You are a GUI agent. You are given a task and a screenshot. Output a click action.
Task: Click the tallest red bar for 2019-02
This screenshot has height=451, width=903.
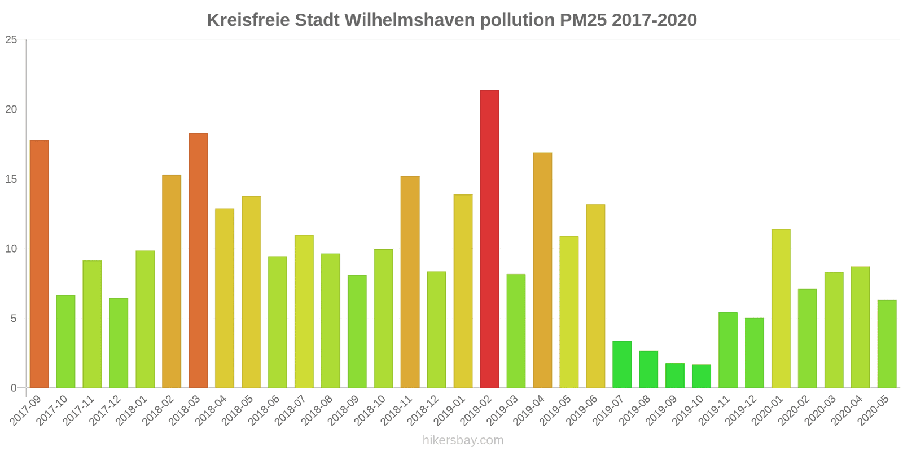[x=489, y=239]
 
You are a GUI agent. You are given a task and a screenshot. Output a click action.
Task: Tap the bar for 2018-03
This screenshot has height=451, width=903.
[x=198, y=260]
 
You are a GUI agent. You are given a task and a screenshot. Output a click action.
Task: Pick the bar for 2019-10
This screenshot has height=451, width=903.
[x=702, y=376]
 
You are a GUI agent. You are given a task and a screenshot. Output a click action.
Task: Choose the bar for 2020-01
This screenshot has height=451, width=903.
[x=781, y=308]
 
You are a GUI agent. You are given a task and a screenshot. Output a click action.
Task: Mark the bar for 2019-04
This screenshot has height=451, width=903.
[x=542, y=270]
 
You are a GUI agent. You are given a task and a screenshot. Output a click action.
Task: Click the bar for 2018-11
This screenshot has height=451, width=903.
[x=410, y=282]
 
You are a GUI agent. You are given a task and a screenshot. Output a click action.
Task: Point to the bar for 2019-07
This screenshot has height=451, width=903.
[x=622, y=364]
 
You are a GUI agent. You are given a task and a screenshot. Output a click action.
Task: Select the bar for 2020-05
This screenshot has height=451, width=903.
[x=887, y=344]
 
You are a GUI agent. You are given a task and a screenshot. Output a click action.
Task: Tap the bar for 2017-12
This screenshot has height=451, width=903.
[x=119, y=343]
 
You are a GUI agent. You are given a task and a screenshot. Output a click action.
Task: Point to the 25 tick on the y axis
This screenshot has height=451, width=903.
[x=11, y=40]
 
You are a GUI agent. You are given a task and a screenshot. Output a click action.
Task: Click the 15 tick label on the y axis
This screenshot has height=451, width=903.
[x=11, y=179]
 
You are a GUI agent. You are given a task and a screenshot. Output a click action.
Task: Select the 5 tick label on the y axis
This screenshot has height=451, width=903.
[x=14, y=319]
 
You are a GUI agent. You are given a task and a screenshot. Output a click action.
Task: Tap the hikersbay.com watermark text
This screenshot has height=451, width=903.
[x=463, y=440]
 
